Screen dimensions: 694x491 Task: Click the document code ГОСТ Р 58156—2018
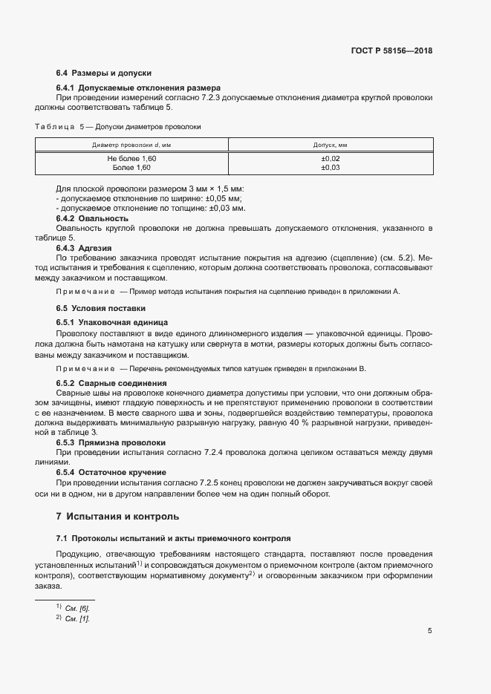391,51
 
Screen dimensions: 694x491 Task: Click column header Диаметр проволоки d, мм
131,144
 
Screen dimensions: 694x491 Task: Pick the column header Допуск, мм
331,144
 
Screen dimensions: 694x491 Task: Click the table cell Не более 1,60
131,159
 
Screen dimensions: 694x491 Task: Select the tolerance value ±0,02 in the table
331,159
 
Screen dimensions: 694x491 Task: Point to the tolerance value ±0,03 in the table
331,168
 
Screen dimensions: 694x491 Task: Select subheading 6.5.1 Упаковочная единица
112,322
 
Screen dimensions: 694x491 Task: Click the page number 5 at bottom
430,632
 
